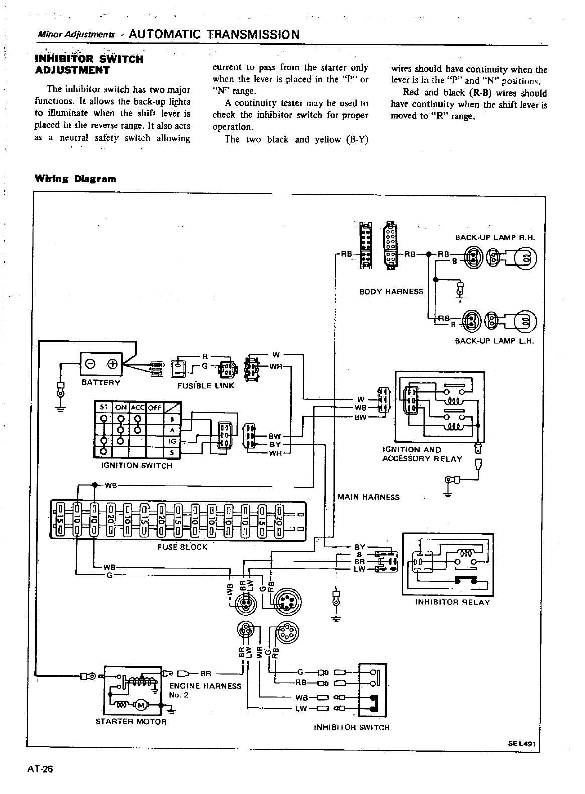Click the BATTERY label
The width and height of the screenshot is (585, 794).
(101, 383)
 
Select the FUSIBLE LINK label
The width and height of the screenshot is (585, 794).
(206, 386)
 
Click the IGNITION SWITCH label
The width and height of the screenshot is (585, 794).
(136, 465)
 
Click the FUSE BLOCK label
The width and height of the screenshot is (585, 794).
(182, 547)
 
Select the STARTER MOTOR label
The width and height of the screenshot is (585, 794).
(130, 721)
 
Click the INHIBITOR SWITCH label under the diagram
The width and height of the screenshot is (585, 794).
(351, 727)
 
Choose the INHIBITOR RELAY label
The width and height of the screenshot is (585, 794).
(453, 602)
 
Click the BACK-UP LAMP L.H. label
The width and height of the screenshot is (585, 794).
(495, 341)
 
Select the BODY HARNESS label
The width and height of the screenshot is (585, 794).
(391, 291)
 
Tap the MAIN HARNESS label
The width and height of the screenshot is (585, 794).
(368, 497)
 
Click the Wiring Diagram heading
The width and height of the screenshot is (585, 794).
(75, 178)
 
